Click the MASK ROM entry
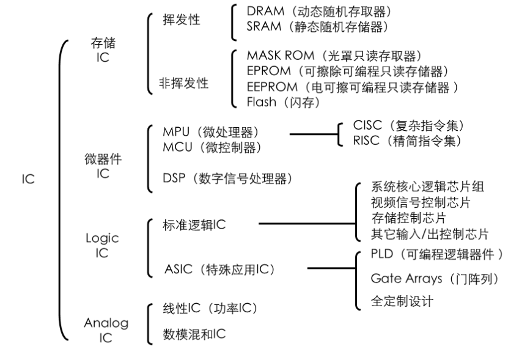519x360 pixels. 334,57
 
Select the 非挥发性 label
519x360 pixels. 184,84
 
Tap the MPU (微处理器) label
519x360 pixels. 212,132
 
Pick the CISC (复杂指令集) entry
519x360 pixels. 409,126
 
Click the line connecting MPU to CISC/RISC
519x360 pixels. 312,133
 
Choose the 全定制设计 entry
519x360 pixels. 402,301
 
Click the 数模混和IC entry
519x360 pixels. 194,334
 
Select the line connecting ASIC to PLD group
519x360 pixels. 330,268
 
